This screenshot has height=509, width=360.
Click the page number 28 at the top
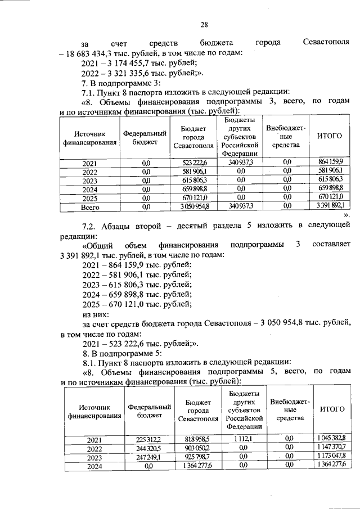click(x=204, y=23)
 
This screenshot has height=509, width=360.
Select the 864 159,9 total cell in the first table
click(x=330, y=163)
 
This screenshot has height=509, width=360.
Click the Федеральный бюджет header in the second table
click(x=149, y=410)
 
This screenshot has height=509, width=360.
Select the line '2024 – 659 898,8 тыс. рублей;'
click(x=137, y=294)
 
